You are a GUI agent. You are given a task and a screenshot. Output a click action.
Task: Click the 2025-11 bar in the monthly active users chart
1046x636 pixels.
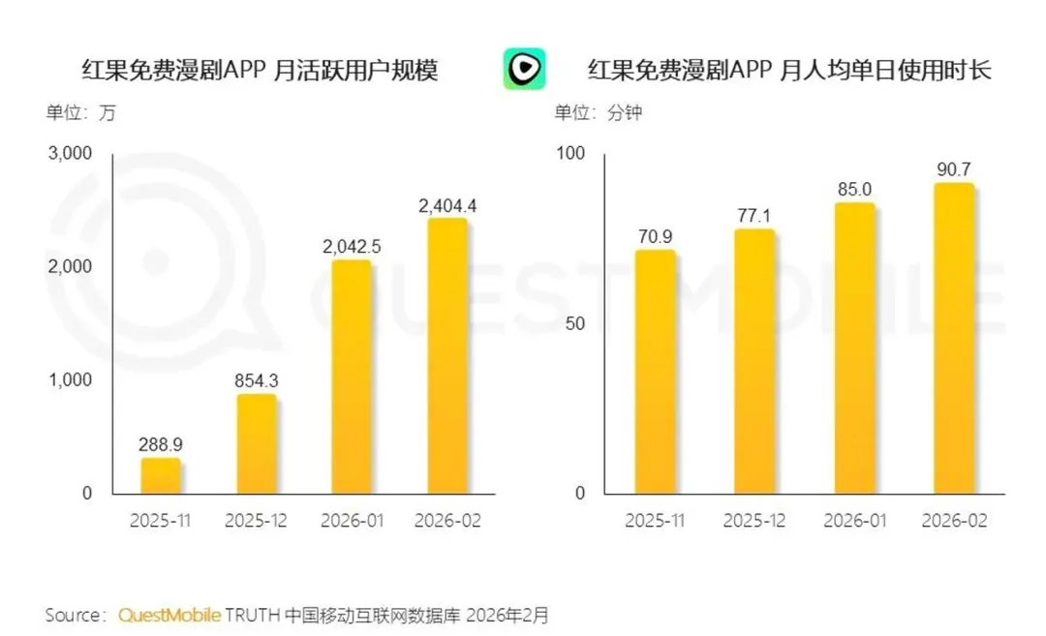click(160, 475)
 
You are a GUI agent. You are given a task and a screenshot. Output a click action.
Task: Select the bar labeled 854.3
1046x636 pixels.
click(256, 444)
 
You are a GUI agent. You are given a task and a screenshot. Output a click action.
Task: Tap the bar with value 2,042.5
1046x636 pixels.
click(352, 377)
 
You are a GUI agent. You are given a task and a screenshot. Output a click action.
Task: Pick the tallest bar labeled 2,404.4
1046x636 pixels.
click(447, 356)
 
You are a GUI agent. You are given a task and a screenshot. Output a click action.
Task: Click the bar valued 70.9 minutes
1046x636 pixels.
click(655, 372)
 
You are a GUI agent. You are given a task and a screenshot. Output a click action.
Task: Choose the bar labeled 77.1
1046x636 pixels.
click(754, 361)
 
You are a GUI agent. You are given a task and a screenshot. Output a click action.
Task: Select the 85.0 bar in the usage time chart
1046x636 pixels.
click(854, 348)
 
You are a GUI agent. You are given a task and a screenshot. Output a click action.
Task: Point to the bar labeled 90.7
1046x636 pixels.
click(954, 338)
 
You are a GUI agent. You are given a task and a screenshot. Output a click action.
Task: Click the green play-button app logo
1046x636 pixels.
click(524, 69)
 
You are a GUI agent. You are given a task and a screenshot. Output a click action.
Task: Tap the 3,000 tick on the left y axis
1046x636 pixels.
click(70, 153)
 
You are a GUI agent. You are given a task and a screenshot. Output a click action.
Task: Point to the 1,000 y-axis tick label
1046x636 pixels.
click(70, 380)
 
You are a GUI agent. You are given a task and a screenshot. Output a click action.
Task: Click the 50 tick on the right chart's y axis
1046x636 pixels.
click(575, 324)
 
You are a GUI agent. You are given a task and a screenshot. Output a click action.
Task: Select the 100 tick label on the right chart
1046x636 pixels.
click(570, 153)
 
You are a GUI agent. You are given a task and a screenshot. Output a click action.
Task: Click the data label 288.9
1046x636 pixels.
click(160, 444)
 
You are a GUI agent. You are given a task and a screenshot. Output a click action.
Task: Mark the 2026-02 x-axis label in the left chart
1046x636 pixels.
click(447, 521)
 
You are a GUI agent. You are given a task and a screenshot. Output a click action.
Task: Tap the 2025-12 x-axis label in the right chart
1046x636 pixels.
click(754, 521)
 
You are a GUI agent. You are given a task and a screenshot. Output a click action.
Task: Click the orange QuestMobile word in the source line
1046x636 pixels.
click(169, 615)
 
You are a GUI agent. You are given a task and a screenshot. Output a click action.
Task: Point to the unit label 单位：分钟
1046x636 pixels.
click(599, 112)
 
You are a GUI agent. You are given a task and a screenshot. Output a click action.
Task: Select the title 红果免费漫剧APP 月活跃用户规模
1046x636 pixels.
click(260, 70)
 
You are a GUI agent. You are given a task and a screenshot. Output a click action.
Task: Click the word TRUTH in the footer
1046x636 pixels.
click(252, 615)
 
